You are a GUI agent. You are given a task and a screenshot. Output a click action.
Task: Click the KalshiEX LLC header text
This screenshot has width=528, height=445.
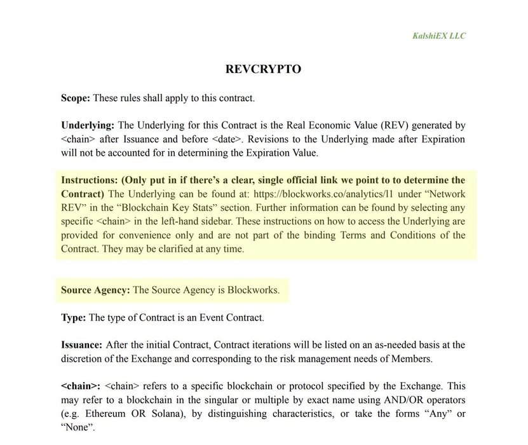(438, 36)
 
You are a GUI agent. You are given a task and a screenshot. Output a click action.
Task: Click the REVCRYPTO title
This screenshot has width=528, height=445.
(263, 69)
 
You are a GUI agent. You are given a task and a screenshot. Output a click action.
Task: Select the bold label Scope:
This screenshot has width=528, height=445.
(76, 98)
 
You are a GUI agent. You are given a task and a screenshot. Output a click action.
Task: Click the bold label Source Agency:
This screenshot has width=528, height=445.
(95, 290)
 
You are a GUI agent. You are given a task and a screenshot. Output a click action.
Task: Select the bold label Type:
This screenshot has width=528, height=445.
(73, 317)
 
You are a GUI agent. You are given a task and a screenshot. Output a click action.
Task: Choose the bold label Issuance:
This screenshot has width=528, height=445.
(81, 345)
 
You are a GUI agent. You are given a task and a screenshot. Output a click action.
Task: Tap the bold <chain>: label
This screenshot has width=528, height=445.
(81, 386)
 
